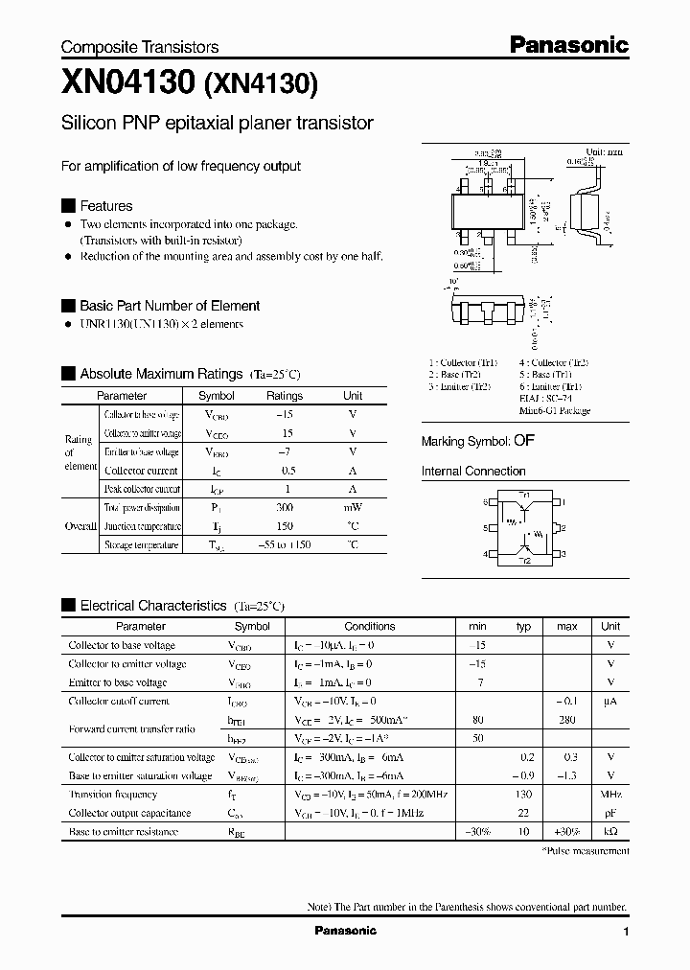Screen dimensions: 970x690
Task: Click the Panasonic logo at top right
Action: coord(567,44)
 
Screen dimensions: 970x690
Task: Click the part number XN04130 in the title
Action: coord(128,84)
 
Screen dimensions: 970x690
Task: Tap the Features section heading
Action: coord(105,206)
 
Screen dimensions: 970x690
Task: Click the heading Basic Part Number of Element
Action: coord(169,306)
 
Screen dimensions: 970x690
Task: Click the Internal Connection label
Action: coord(473,472)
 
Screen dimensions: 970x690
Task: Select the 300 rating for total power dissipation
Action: coord(285,508)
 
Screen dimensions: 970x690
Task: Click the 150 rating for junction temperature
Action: coord(285,526)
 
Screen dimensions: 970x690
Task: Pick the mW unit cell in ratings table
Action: coord(353,508)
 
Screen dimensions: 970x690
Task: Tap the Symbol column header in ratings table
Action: coord(216,396)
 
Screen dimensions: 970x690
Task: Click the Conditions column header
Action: coord(369,626)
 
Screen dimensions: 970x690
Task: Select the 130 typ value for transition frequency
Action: coord(523,795)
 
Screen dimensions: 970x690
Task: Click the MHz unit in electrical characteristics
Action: coord(610,795)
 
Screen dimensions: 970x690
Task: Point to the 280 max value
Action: coord(566,720)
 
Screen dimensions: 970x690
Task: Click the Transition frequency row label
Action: coord(112,795)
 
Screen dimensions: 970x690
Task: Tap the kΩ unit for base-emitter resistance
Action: coord(610,832)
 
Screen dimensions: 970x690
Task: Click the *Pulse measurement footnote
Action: coord(586,851)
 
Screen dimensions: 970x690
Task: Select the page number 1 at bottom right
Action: coord(626,932)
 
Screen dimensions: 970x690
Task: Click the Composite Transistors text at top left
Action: coord(140,47)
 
